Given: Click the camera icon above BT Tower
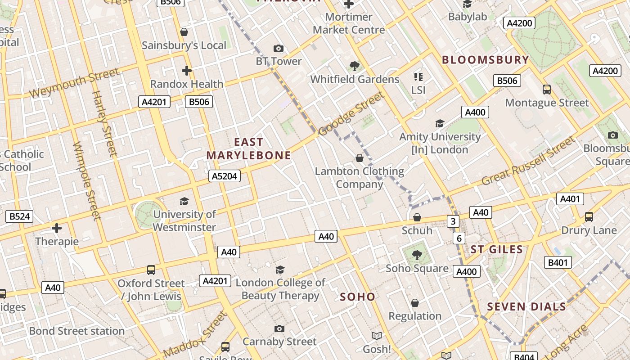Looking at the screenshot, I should pos(279,48).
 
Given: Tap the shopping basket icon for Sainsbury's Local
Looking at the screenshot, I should pos(184,32).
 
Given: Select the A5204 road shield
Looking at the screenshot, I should pos(225,176).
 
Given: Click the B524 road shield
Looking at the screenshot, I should pos(20,216).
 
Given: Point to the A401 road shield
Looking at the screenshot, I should pos(570,199).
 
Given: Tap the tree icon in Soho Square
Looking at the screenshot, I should pos(417,255).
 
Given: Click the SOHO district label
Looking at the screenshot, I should pos(357,297).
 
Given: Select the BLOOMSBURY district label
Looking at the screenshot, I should pos(485,60).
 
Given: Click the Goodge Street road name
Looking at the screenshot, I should pos(351,113).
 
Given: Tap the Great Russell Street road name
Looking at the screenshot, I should pos(528,161).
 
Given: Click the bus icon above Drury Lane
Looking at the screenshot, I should pos(589,217).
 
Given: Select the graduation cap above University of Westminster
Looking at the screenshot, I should pos(184,201).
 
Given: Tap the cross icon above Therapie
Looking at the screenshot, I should pos(57,228).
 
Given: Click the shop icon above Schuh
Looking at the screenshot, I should pos(417,217).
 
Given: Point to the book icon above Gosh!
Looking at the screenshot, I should pos(377,336).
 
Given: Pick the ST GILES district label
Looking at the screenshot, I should pos(497,250).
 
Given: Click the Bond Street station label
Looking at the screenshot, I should pos(77,331).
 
